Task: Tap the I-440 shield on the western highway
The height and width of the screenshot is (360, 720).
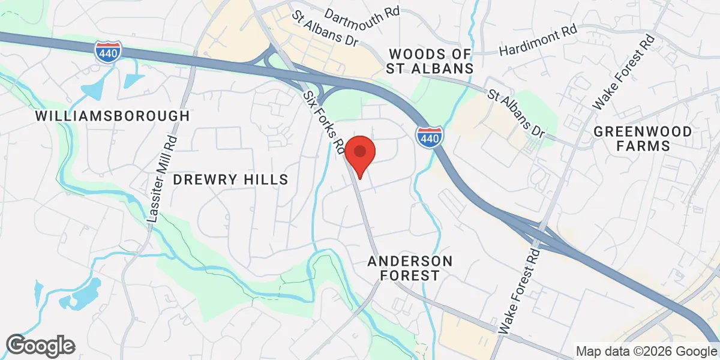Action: pos(109,52)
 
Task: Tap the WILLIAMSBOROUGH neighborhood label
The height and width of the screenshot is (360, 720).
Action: pos(113,116)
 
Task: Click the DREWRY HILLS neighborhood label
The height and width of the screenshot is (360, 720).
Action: pos(231,179)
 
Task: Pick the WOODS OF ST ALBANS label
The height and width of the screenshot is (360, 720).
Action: pos(430,61)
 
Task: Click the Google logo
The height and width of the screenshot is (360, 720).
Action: pos(41,346)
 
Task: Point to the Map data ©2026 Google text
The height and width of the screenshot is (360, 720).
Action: pos(646,352)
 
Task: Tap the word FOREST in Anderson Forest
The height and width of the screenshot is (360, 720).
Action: pos(410,276)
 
